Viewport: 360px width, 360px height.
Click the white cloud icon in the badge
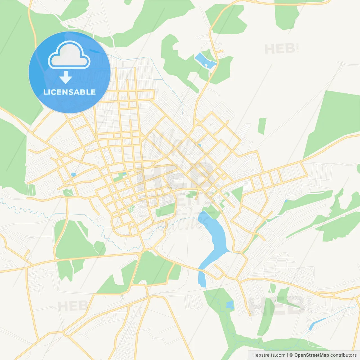coord(69,55)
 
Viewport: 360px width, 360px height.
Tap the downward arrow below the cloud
coord(66,77)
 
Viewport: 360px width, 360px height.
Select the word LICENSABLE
coord(69,92)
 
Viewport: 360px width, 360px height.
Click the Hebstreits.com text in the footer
coord(269,355)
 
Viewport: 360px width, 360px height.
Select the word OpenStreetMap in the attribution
coord(312,355)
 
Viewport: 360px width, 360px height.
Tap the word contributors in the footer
coord(343,355)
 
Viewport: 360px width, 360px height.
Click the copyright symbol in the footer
coord(291,355)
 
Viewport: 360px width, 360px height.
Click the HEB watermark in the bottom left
coord(74,306)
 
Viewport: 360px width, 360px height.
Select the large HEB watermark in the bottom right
coord(277,306)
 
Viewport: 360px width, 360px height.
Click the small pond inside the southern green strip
coord(230,305)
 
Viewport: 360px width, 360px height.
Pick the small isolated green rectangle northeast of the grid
coord(262,126)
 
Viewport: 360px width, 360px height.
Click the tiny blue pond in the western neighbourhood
coord(74,175)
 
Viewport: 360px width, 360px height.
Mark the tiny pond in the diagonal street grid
coord(199,145)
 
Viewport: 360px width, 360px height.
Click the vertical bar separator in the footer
coord(288,355)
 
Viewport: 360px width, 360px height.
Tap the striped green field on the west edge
coord(31,189)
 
